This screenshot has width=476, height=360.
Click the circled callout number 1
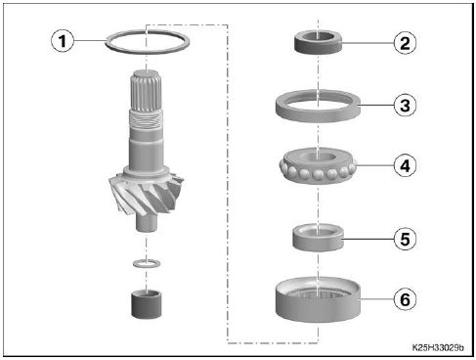click(x=63, y=41)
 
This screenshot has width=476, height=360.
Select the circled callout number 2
click(x=405, y=43)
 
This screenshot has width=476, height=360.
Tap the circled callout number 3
click(x=405, y=106)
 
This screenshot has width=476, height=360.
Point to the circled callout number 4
click(x=405, y=165)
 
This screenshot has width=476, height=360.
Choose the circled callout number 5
click(x=405, y=239)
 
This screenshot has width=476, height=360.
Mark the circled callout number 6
click(x=405, y=299)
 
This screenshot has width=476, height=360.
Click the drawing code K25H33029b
click(x=438, y=347)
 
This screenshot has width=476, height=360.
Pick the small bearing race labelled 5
click(x=318, y=243)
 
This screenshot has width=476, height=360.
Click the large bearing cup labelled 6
click(x=318, y=306)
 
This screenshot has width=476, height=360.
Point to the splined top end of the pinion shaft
click(x=146, y=90)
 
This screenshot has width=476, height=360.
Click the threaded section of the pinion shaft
click(x=146, y=119)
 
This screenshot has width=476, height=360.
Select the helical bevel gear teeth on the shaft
click(x=146, y=193)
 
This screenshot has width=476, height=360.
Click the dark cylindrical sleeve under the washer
click(x=147, y=304)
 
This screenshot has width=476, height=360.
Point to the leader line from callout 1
click(x=90, y=40)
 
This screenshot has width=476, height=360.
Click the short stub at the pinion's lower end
click(x=147, y=223)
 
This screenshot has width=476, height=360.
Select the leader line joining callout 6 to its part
click(x=377, y=299)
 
